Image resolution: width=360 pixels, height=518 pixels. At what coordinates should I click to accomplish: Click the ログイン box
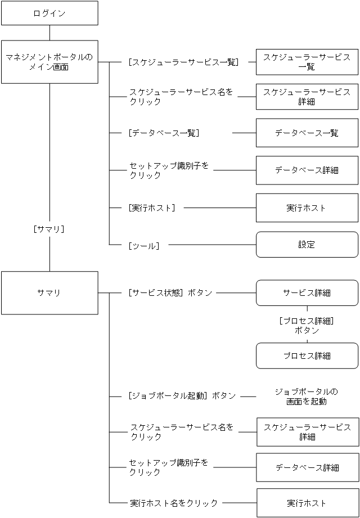49,13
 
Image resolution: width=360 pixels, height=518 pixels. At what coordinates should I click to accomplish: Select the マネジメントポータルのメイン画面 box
49,62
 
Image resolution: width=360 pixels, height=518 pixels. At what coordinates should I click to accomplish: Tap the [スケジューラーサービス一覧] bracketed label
183,62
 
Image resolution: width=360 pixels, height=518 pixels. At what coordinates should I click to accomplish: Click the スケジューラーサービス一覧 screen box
307,62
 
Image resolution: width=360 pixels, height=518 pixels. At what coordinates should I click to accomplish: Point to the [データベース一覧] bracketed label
164,133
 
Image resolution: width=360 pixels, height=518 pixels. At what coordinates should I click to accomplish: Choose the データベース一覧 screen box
307,133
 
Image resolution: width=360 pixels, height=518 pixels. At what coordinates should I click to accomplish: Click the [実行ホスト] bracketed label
151,208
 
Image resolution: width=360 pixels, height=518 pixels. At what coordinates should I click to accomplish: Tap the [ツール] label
143,245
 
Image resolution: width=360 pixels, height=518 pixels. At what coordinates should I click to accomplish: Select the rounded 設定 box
307,245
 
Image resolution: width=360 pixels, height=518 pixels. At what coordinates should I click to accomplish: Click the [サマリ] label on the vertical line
49,229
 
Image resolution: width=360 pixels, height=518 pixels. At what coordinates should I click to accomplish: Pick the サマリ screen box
49,292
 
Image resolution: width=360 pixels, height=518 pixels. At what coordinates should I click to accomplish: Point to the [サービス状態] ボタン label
170,292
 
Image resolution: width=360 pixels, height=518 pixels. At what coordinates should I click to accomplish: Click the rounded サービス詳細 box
307,292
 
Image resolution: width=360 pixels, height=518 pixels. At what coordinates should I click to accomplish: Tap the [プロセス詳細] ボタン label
307,325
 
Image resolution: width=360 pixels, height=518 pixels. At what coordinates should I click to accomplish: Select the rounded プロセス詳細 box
307,356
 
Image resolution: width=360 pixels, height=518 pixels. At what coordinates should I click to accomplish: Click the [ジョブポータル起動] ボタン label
182,395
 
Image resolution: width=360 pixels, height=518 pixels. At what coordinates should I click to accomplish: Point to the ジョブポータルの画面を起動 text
307,396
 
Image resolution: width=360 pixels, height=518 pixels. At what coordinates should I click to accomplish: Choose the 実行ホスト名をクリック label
173,502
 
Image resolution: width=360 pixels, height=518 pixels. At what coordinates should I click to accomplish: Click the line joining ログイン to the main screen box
49,33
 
